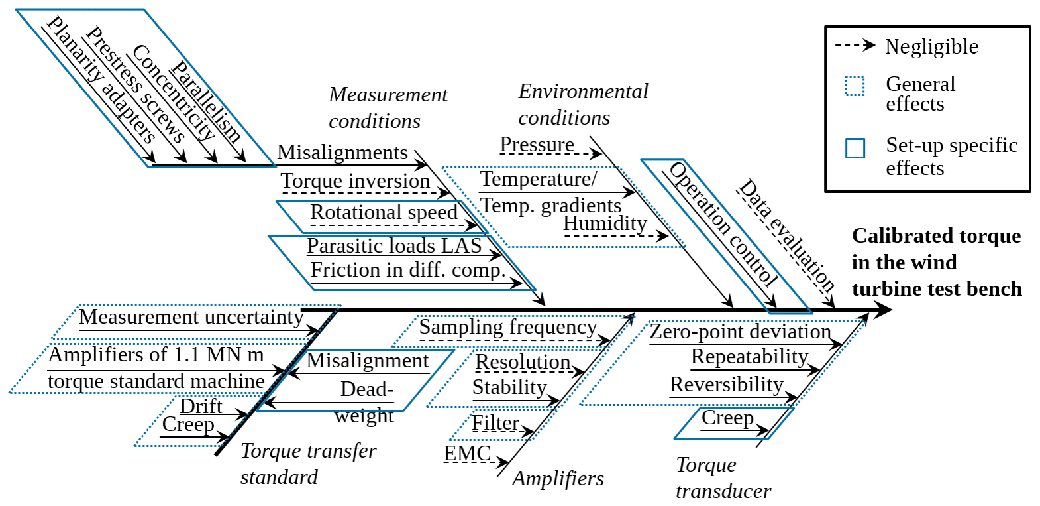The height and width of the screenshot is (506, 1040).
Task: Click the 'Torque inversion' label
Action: (x=355, y=181)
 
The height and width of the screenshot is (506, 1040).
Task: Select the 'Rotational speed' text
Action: (x=384, y=212)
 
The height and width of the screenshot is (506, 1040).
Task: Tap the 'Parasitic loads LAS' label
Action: (x=394, y=246)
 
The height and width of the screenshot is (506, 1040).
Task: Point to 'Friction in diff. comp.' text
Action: (x=408, y=270)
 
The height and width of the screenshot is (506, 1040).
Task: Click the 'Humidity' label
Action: (x=605, y=223)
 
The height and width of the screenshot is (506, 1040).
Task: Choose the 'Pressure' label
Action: (x=537, y=144)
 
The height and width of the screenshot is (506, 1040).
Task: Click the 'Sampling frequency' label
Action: (x=508, y=327)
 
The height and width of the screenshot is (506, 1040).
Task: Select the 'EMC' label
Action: (x=467, y=454)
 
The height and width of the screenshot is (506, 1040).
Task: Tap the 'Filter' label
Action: (x=495, y=423)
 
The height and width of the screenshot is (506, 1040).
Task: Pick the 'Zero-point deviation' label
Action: (x=740, y=331)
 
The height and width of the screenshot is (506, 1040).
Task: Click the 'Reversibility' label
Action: (x=726, y=385)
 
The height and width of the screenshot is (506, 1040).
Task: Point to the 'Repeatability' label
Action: (x=749, y=357)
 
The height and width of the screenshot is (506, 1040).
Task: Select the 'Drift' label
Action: (x=201, y=406)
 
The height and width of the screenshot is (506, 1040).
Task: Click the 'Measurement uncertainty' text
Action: (x=191, y=317)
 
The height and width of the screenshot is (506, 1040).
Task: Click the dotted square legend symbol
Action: (x=855, y=86)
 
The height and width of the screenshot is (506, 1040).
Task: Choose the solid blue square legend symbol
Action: (x=855, y=148)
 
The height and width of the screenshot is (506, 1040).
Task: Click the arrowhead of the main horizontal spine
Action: (x=883, y=310)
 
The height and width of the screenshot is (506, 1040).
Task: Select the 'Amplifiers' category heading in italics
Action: (x=558, y=479)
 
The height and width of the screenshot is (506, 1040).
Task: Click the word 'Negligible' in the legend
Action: (x=931, y=46)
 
